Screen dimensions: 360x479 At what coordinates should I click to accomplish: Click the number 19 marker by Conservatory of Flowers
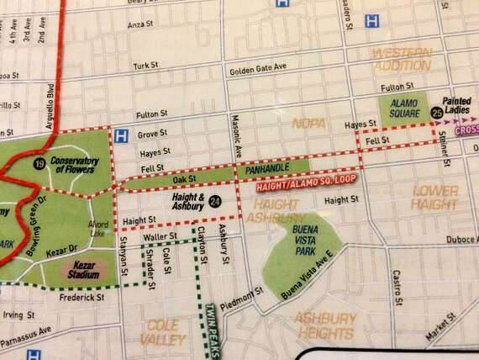coord(39,162)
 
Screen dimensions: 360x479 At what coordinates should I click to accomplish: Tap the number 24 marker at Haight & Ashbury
coord(216,201)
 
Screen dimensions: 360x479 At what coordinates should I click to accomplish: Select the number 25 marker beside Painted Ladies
coord(436,112)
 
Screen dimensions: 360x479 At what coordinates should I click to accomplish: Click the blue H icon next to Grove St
coord(122,134)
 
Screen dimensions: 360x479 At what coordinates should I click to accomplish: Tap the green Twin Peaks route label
coord(212,331)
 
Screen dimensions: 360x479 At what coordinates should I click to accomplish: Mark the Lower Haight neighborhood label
coord(434,197)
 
